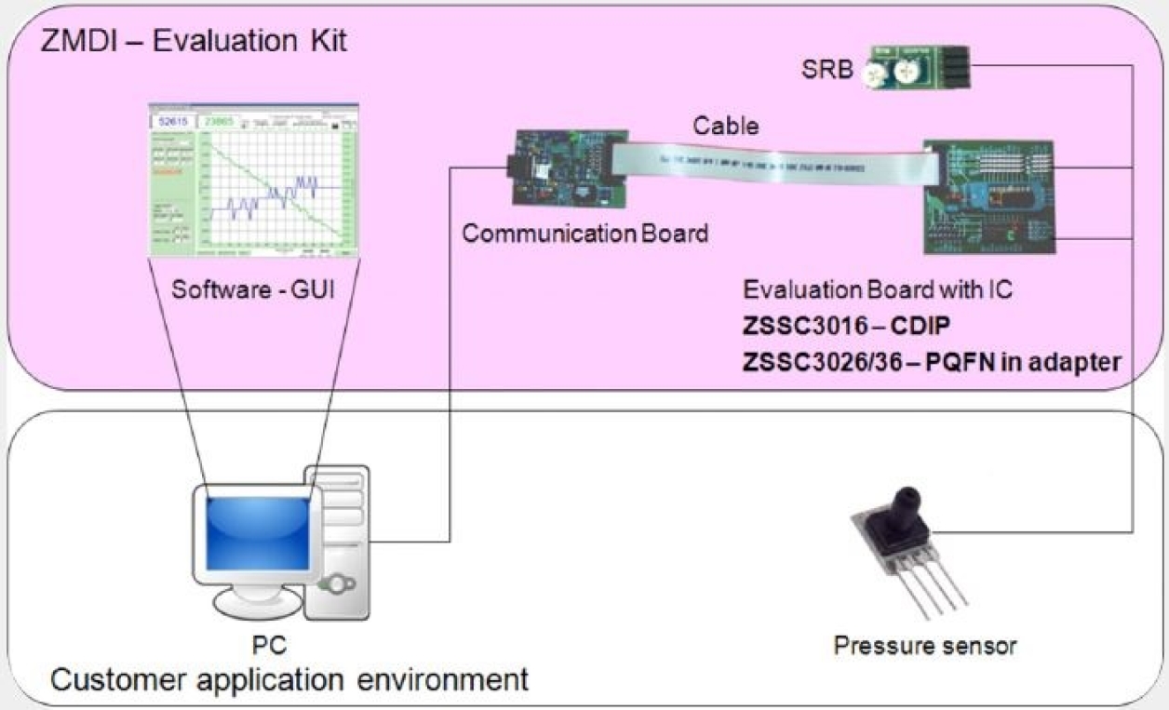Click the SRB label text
tap(826, 70)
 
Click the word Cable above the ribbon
tap(724, 125)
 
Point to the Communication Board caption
tap(585, 233)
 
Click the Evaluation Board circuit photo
tap(990, 196)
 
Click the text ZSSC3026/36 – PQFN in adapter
tap(931, 363)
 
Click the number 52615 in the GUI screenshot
tap(173, 122)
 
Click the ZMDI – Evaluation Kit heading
tap(194, 42)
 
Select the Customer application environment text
tap(289, 678)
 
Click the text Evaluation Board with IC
tap(877, 289)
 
